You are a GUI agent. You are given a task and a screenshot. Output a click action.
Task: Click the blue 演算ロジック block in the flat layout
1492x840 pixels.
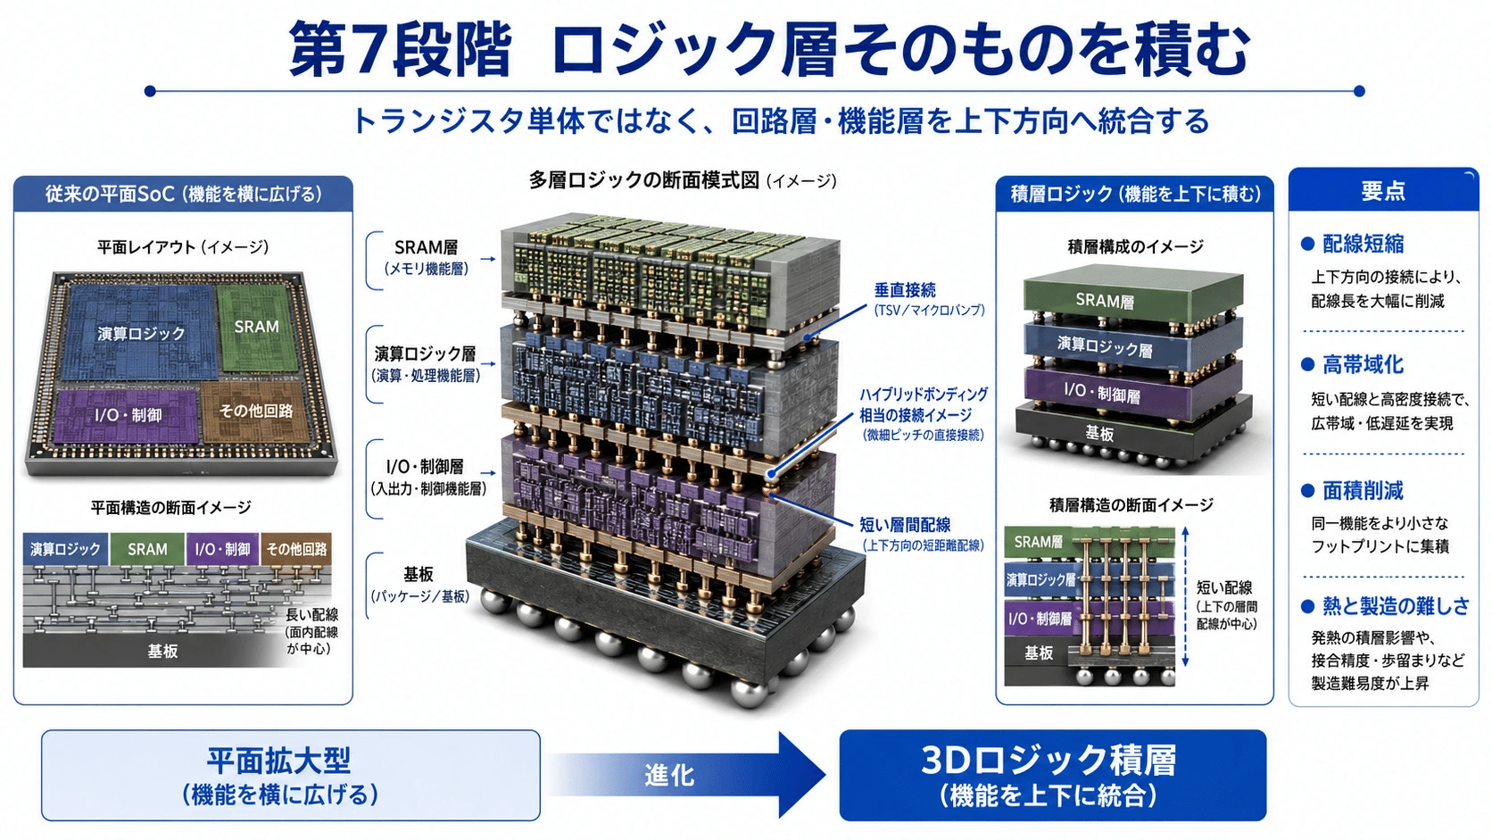140,332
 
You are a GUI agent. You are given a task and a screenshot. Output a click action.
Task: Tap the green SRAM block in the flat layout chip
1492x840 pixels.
257,327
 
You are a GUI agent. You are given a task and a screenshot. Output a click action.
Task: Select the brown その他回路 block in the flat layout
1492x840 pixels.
256,411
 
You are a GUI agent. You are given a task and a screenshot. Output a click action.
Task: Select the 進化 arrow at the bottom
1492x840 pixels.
686,775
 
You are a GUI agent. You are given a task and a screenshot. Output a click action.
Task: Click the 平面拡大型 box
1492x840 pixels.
290,776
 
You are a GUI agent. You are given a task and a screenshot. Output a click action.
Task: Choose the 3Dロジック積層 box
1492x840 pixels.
1052,776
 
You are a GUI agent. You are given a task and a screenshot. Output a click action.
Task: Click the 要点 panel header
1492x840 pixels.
1383,190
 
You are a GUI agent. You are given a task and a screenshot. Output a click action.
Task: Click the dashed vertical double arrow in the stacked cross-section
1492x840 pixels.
1185,596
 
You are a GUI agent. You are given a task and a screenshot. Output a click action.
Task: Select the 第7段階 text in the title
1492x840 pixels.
400,48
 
